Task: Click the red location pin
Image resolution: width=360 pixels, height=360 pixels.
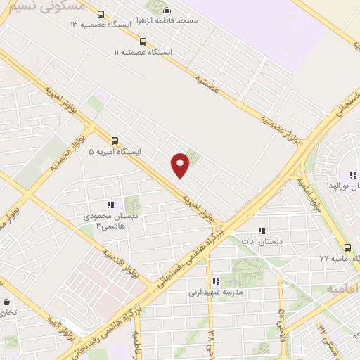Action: coord(181,165)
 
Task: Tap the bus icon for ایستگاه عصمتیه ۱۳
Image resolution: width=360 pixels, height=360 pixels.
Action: coord(101,14)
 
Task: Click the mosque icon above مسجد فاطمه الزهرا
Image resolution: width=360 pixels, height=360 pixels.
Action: coord(167,10)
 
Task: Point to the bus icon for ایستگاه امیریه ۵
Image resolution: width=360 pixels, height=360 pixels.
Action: coord(115,140)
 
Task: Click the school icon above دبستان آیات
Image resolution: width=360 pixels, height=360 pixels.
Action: coord(262,230)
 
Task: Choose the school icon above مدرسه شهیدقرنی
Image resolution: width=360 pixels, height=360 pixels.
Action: coord(215,281)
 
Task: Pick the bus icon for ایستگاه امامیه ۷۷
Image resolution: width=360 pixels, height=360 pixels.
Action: coord(347,247)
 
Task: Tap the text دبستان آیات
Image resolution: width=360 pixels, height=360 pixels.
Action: coord(261,241)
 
